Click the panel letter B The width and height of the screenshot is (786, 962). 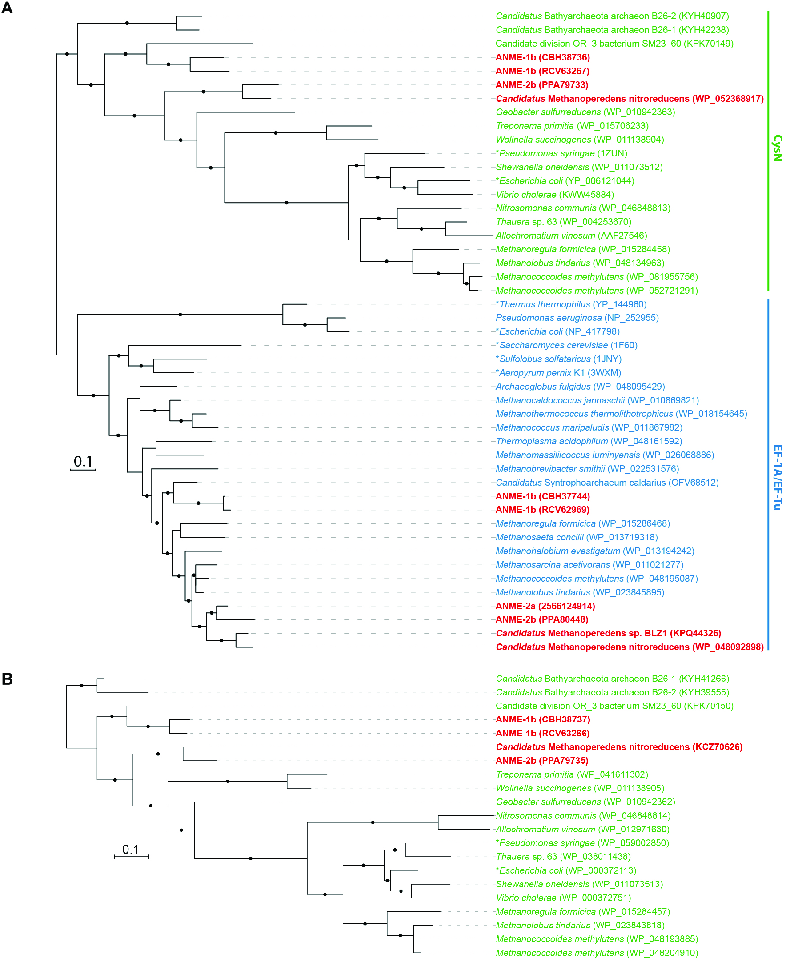click(x=7, y=679)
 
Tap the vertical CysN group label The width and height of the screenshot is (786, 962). click(x=777, y=148)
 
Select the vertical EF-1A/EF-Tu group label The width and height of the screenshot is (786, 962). click(x=777, y=477)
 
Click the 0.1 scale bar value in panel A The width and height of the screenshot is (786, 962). click(x=83, y=462)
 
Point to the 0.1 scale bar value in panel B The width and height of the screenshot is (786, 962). click(x=130, y=849)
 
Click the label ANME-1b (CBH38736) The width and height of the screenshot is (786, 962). click(x=542, y=57)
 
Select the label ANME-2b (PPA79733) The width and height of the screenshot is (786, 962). click(x=541, y=85)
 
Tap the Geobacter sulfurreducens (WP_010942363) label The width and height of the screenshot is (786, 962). click(x=585, y=112)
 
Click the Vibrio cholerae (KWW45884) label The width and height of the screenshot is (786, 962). click(x=555, y=195)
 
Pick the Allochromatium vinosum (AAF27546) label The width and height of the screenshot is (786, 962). click(x=571, y=236)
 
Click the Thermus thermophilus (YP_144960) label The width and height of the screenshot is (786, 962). click(x=571, y=304)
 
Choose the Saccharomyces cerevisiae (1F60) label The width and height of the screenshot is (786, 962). click(x=566, y=346)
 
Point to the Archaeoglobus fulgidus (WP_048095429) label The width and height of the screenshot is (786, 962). click(x=580, y=387)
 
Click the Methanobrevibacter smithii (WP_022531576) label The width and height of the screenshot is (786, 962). click(x=587, y=469)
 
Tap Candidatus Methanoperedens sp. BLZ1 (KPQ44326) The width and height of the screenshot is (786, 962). click(x=608, y=634)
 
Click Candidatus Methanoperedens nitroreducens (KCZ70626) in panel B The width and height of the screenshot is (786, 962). click(x=619, y=747)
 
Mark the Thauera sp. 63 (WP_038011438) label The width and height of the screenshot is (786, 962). click(x=563, y=857)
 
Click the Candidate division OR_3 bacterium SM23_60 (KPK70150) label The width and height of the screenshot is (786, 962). click(x=614, y=706)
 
